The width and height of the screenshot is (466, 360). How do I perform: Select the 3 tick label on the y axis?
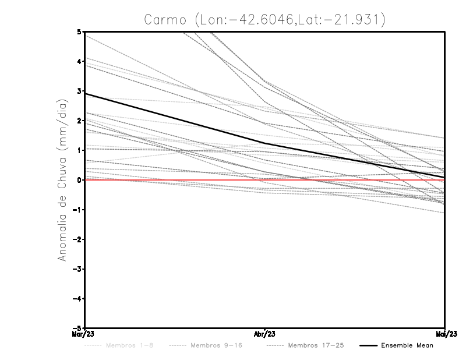click(79, 91)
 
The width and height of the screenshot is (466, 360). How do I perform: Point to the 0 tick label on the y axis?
click(79, 180)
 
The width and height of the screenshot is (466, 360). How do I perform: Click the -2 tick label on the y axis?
click(77, 239)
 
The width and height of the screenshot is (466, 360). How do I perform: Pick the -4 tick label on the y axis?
click(77, 299)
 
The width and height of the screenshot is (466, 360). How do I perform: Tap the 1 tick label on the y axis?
click(79, 150)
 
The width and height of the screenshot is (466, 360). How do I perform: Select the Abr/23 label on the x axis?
click(265, 334)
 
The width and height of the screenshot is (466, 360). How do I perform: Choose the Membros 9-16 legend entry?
click(216, 345)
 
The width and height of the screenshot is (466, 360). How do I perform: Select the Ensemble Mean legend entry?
click(407, 345)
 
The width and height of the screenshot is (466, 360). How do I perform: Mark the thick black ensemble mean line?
click(175, 118)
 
